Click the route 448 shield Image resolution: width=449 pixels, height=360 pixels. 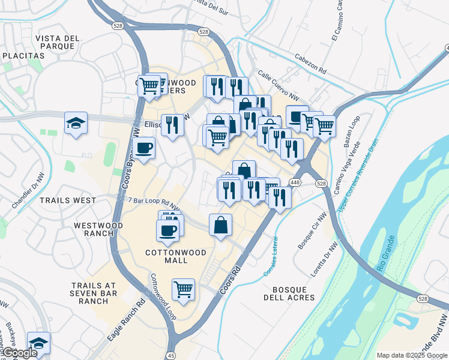point(295,182)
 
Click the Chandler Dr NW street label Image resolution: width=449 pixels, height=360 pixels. point(24,193)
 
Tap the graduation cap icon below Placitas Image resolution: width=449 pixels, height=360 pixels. point(76,123)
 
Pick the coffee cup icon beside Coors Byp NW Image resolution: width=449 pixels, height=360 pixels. point(144,147)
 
